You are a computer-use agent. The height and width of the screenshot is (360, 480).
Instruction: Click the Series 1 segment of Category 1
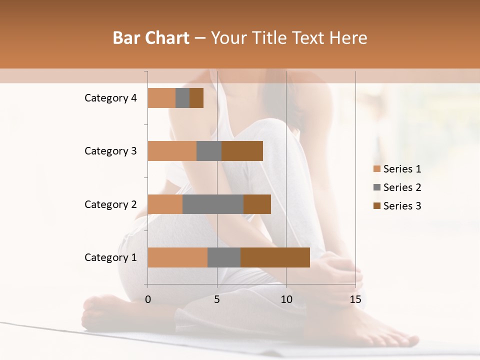point(177,257)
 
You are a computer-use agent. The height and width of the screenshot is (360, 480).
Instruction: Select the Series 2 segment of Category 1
point(224,257)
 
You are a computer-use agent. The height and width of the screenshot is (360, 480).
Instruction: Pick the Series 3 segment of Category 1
point(275,257)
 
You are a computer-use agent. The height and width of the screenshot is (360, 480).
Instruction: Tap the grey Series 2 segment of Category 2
point(213,204)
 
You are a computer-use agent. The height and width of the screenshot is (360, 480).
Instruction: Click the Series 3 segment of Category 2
point(257,204)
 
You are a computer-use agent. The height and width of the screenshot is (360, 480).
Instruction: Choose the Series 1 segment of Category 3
point(172,151)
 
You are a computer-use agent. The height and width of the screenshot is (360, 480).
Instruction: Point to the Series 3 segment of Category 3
point(242,151)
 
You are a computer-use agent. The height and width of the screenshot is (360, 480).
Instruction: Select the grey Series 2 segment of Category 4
point(182,98)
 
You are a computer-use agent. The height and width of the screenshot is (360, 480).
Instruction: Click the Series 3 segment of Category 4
point(196,98)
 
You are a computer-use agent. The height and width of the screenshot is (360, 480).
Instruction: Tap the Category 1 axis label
point(110,257)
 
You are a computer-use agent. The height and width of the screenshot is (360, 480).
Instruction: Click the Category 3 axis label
point(110,151)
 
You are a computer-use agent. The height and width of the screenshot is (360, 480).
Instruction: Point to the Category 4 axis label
point(110,98)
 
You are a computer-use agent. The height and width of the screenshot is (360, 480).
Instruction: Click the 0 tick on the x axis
point(148,299)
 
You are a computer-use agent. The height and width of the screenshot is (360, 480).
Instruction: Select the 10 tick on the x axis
point(286,299)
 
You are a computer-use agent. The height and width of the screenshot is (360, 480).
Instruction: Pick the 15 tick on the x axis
point(355,299)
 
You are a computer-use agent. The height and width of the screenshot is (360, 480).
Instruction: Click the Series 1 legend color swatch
point(377,169)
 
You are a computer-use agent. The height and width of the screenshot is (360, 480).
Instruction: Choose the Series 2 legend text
point(402,187)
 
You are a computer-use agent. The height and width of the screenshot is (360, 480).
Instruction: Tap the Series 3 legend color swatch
point(377,206)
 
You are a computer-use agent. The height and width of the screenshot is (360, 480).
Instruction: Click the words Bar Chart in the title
point(151,38)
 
